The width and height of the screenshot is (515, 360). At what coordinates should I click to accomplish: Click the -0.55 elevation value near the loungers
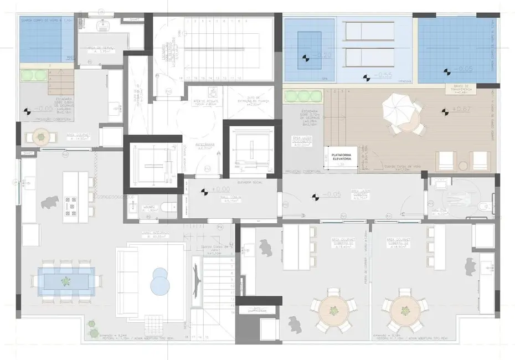(383, 75)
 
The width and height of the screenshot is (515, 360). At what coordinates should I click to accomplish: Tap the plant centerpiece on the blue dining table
(66, 281)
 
